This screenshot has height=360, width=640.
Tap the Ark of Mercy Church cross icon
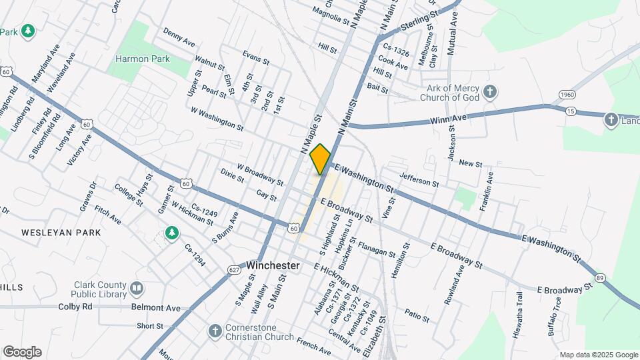pyautogui.click(x=490, y=92)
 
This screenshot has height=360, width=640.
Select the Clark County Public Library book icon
pyautogui.click(x=137, y=288)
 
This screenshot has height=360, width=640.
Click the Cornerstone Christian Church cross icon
pyautogui.click(x=215, y=331)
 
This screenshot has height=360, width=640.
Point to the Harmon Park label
pyautogui.click(x=143, y=59)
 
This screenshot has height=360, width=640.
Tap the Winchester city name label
pyautogui.click(x=273, y=265)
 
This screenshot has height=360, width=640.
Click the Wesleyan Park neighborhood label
pyautogui.click(x=61, y=233)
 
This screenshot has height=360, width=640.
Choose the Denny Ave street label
pyautogui.click(x=179, y=38)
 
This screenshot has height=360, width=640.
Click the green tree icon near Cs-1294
pyautogui.click(x=172, y=233)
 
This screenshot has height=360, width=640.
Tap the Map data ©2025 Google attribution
pyautogui.click(x=597, y=355)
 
